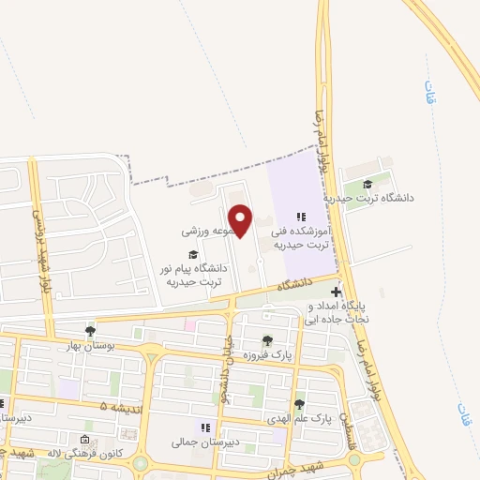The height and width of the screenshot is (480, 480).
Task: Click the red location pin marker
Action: [x=241, y=220]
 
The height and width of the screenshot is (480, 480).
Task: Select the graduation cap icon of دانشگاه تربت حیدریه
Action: [x=368, y=184]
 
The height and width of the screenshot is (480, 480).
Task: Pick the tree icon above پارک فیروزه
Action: [x=268, y=341]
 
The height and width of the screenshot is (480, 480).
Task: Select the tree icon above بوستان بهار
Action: [x=90, y=330]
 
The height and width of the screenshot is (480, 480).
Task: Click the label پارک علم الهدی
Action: [x=298, y=419]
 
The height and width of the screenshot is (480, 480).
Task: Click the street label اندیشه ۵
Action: [x=117, y=406]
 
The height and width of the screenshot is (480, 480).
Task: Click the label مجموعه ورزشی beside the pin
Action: [x=207, y=229]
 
